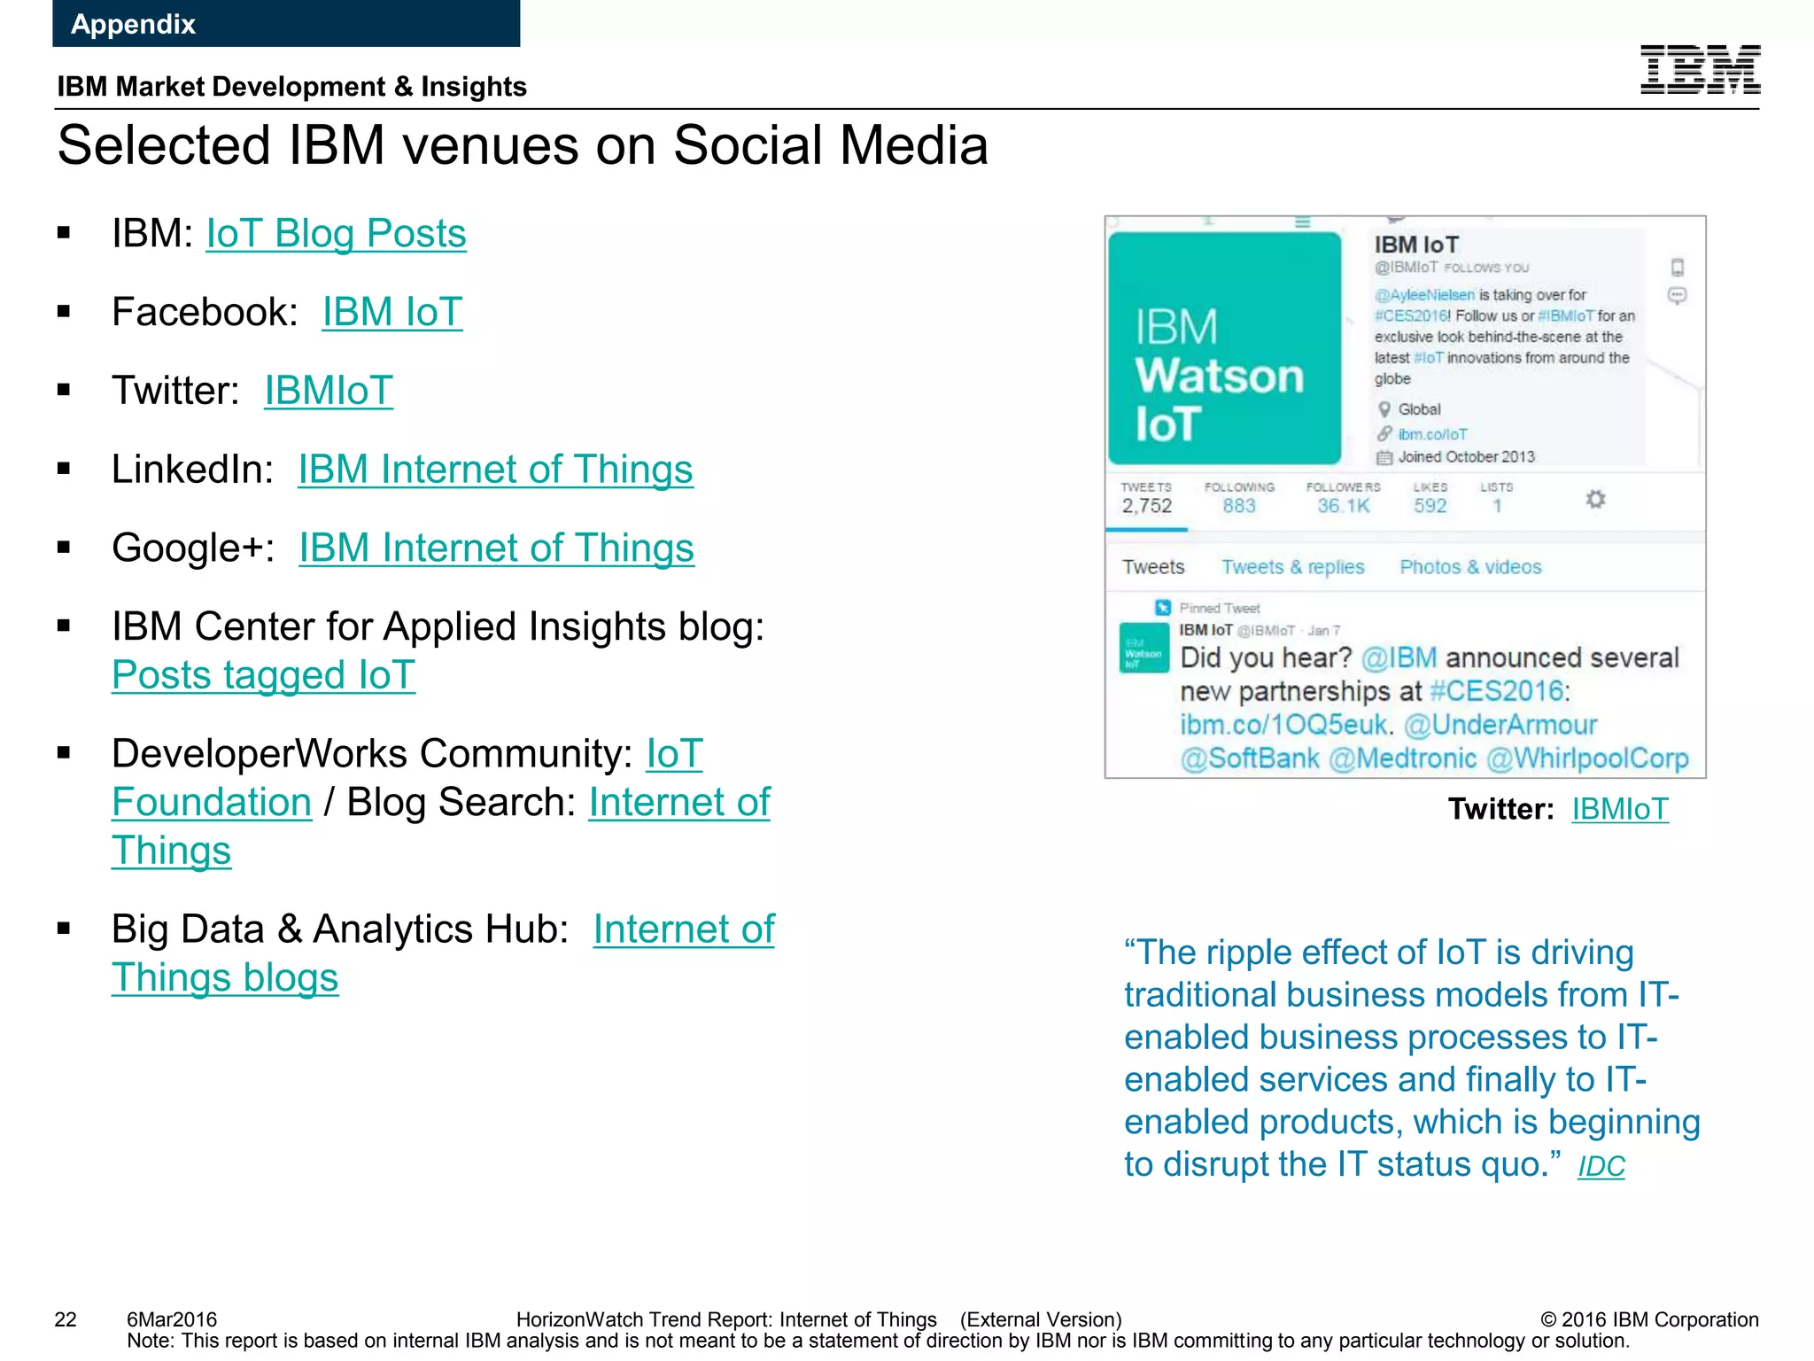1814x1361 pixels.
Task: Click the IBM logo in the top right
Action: coord(1700,69)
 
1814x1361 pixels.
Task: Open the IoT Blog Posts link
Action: coord(336,234)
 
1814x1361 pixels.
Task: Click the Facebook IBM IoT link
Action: coord(391,312)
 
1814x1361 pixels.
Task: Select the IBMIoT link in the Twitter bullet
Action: coord(329,391)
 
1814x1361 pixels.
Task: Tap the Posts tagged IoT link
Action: coord(263,675)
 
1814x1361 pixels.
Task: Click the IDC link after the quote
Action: coord(1601,1167)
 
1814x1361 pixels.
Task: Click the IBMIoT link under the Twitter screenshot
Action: coord(1619,809)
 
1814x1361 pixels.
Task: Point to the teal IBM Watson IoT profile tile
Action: coord(1224,349)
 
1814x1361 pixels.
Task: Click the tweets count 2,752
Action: coord(1146,506)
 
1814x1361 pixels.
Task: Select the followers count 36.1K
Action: coord(1343,506)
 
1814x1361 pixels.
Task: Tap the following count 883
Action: coord(1239,506)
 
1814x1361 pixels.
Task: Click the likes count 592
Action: coord(1430,506)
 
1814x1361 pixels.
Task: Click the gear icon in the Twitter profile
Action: coord(1595,500)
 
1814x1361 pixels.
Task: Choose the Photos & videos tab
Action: coord(1470,567)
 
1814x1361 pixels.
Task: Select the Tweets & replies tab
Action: coord(1292,567)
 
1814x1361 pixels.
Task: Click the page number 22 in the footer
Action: coord(66,1319)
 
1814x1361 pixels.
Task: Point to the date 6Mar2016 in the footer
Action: coord(172,1319)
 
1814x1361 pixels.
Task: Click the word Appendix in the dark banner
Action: coord(133,24)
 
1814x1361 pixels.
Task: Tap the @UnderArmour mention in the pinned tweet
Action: coord(1500,725)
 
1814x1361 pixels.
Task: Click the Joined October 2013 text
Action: coord(1466,457)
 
